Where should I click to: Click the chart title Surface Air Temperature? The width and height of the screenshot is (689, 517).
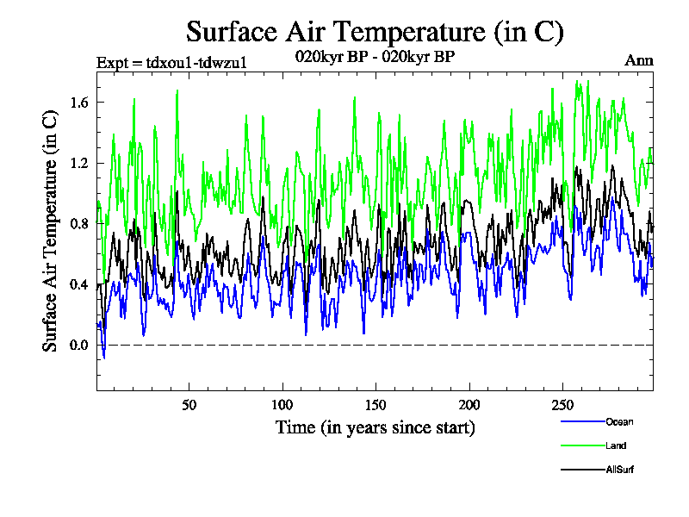375,32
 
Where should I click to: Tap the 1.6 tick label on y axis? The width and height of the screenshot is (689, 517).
78,103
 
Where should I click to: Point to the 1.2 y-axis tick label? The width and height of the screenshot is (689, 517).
78,163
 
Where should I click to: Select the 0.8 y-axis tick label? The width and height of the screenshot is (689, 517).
78,224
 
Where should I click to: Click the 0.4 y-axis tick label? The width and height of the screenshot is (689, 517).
78,284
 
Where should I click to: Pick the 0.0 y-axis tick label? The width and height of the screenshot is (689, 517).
78,346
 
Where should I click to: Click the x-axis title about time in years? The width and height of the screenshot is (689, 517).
375,427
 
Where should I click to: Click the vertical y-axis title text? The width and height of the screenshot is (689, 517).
51,233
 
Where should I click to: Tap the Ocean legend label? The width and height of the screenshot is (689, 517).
619,421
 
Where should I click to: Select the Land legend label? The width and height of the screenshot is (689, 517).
616,445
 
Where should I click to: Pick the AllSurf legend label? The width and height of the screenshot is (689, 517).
620,470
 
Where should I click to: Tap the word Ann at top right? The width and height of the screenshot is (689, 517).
638,60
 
